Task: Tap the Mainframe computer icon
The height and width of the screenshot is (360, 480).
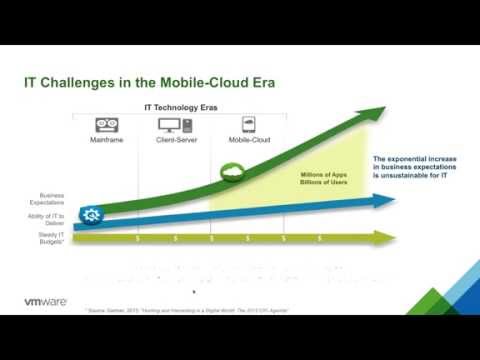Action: (x=107, y=125)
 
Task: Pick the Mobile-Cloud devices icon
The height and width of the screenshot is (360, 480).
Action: (x=248, y=125)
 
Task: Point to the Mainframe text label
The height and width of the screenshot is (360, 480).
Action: (x=107, y=141)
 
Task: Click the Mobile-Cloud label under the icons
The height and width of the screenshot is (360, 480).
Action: (x=248, y=141)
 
